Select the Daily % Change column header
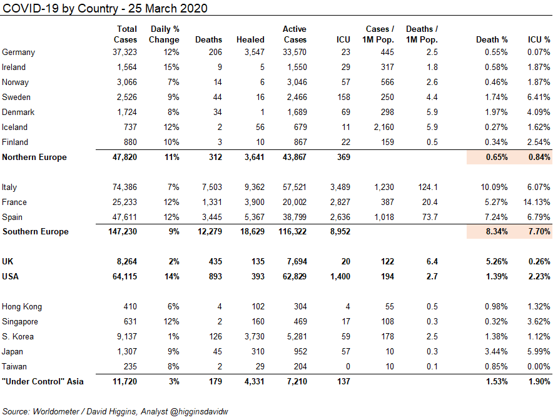(x=164, y=34)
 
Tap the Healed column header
(x=250, y=39)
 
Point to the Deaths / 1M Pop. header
(x=422, y=34)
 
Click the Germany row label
(x=18, y=52)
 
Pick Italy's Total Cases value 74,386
(x=124, y=187)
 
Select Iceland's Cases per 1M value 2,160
(x=383, y=127)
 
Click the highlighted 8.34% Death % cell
(x=497, y=231)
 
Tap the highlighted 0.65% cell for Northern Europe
(x=497, y=157)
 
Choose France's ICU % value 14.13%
(x=537, y=202)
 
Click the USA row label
(x=10, y=277)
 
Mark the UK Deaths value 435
(x=215, y=261)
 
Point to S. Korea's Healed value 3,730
(x=254, y=336)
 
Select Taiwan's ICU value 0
(x=348, y=366)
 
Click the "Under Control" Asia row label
(x=43, y=382)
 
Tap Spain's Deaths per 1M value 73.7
(x=430, y=217)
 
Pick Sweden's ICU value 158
(x=343, y=97)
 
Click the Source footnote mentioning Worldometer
(x=115, y=411)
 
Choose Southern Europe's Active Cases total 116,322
(x=292, y=231)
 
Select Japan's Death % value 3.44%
(x=496, y=352)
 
